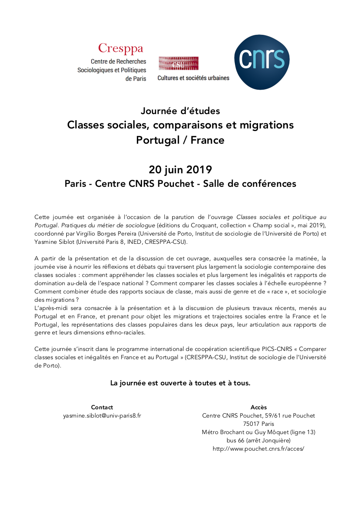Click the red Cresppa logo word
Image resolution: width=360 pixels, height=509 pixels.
120,48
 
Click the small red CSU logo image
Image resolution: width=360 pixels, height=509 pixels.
178,63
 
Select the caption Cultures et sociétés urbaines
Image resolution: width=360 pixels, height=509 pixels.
193,78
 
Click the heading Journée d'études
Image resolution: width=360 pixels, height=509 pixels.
180,111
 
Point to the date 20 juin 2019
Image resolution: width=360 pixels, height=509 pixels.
180,169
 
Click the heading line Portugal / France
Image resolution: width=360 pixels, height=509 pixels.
180,140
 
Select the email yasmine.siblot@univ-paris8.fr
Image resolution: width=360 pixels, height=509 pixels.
102,416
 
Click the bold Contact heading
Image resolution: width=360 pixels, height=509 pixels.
102,408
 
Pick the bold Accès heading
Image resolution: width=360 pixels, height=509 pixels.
258,408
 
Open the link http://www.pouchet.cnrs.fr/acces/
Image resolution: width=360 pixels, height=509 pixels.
258,449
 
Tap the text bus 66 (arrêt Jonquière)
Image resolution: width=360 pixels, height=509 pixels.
258,441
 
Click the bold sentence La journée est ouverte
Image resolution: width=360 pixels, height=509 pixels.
180,383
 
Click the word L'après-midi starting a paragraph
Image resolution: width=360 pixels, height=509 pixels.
49,300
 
